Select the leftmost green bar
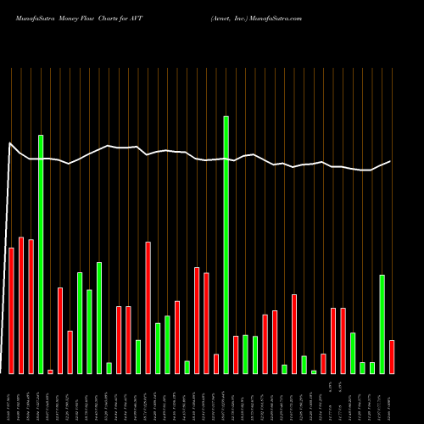(41, 254)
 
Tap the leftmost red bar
(11, 310)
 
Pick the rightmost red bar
(392, 356)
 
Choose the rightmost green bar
(382, 324)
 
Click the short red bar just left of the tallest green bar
(216, 364)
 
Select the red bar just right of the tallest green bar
(236, 354)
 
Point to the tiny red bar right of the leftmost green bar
(50, 371)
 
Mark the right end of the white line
(391, 161)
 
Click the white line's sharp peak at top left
(10, 143)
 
